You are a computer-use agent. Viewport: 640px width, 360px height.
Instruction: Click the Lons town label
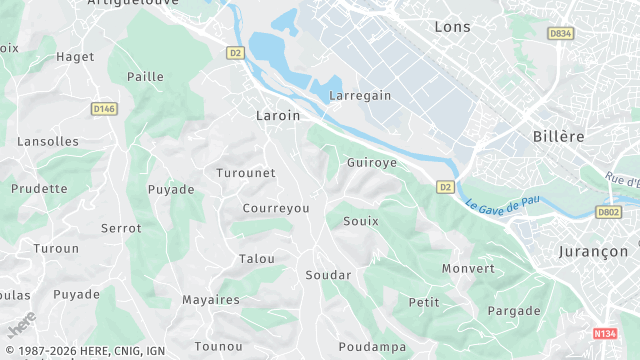[452, 27]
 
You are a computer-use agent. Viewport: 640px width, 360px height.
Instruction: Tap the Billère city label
[558, 136]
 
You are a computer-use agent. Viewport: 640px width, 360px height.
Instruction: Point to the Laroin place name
[278, 116]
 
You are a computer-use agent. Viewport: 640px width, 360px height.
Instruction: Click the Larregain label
[360, 96]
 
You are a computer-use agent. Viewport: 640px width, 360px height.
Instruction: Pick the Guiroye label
[371, 162]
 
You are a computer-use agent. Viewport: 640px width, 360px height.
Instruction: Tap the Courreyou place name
[276, 208]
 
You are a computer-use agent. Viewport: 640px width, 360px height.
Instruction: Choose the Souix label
[360, 221]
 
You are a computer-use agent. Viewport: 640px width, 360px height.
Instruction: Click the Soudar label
[328, 275]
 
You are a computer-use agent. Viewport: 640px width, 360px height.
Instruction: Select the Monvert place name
[468, 269]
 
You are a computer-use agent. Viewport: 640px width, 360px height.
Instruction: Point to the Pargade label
[514, 311]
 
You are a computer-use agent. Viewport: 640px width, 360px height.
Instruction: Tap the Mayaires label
[211, 300]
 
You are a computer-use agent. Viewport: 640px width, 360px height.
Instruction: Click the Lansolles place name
[48, 142]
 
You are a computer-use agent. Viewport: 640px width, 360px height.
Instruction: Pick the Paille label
[146, 77]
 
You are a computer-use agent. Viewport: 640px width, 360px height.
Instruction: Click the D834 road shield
[561, 33]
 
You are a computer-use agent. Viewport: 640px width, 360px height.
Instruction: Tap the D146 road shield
[105, 108]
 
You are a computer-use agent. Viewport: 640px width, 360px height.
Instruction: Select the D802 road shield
[608, 212]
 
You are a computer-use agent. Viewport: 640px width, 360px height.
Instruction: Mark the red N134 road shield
[604, 333]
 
